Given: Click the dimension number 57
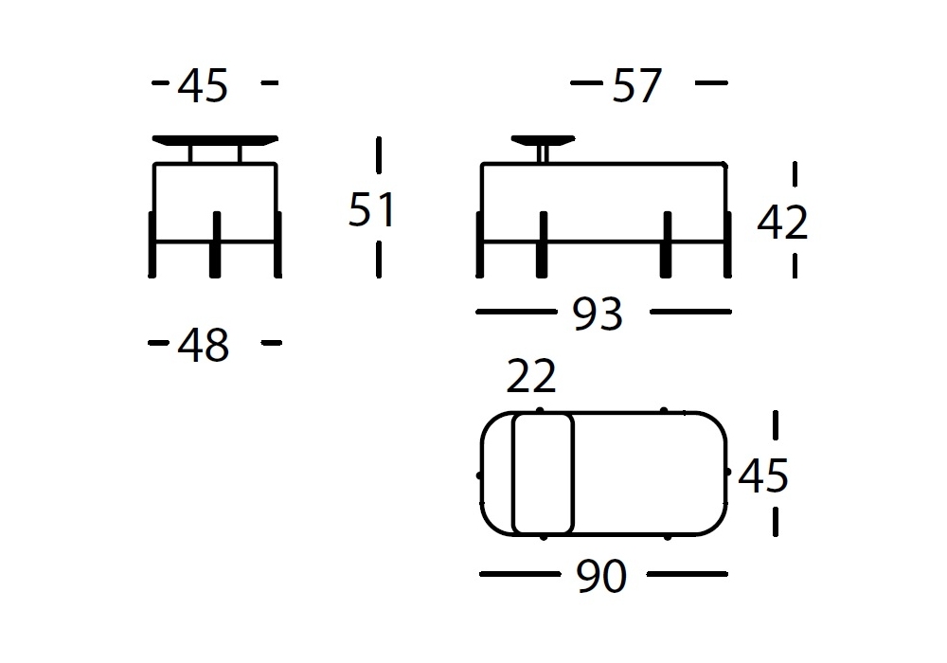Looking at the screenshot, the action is click(x=637, y=86).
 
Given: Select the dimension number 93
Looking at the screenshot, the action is click(x=598, y=314).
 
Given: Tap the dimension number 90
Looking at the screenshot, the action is click(x=601, y=576).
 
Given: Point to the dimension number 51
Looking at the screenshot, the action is click(x=372, y=209).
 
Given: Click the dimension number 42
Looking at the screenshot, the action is click(x=783, y=222).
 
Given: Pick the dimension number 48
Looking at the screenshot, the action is click(x=203, y=345).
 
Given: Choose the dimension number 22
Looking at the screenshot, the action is click(x=531, y=376).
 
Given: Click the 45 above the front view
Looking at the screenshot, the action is click(x=203, y=85).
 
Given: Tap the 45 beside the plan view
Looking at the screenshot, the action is click(x=763, y=475).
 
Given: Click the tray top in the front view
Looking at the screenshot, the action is click(x=215, y=140).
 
